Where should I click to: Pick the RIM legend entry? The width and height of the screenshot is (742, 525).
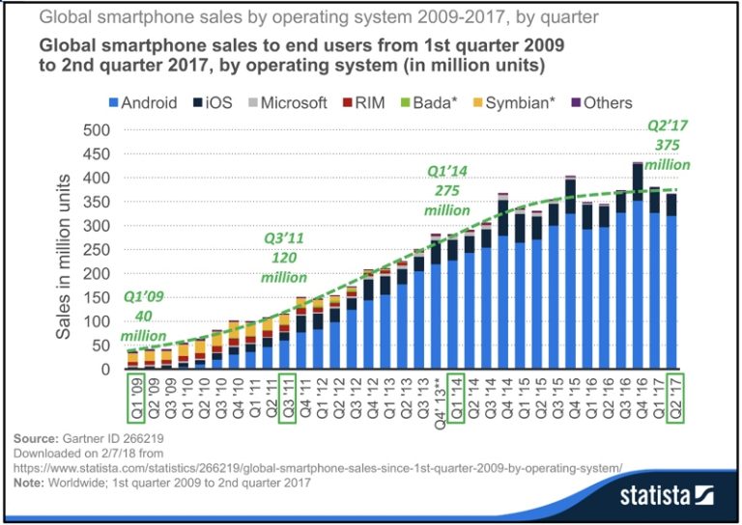(x=362, y=102)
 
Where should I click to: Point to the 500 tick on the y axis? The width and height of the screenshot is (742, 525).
(x=96, y=130)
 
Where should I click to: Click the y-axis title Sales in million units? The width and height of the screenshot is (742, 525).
(x=63, y=256)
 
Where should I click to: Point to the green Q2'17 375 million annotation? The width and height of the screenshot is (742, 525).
(x=668, y=145)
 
